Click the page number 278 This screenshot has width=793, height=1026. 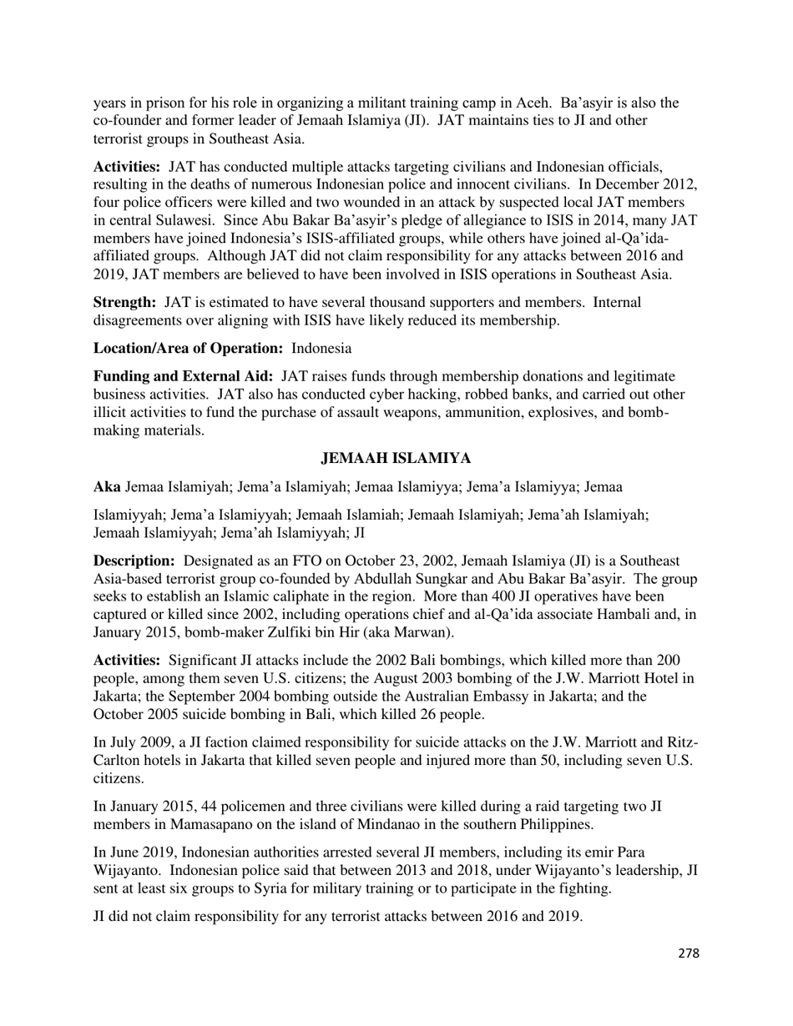click(688, 953)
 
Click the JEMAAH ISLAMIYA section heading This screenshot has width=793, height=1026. click(396, 459)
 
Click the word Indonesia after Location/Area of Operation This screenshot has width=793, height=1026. click(321, 348)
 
